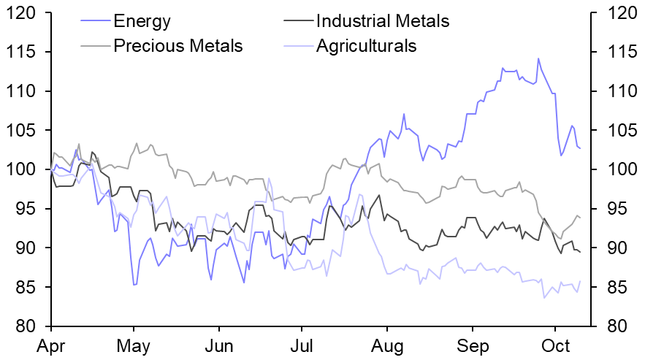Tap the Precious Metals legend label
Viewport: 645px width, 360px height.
(x=178, y=46)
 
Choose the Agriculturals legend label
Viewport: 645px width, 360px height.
(x=366, y=46)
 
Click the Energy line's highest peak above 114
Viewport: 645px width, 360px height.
(x=538, y=58)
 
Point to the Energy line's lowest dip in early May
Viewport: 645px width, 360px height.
(x=134, y=285)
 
